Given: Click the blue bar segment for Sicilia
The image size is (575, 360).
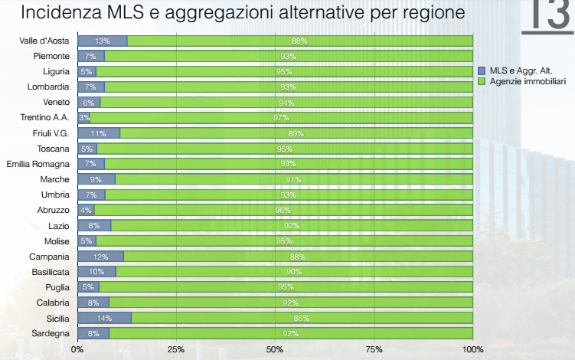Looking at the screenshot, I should coord(104,318).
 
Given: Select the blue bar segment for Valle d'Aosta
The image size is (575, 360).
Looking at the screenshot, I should coord(102,41).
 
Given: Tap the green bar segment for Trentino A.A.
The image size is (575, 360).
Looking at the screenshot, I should coord(281,117).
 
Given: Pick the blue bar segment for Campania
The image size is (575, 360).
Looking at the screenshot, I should coord(100,257).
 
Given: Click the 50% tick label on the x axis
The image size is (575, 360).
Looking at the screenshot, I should coord(275,349).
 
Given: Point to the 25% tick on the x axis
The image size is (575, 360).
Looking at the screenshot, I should coord(176,349).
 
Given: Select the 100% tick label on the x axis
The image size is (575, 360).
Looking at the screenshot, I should coord(472,349).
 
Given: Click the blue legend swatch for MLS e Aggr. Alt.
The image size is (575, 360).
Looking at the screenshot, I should coord(482,70).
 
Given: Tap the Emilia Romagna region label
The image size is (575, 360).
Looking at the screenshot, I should coord(38,164).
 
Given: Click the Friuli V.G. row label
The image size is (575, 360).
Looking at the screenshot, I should coord(52,133).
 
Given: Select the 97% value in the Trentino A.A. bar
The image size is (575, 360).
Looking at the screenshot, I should coord(281,117).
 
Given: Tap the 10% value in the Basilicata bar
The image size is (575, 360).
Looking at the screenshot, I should coord(96,272).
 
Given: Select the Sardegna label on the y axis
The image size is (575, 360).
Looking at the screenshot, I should coord(51,333).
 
